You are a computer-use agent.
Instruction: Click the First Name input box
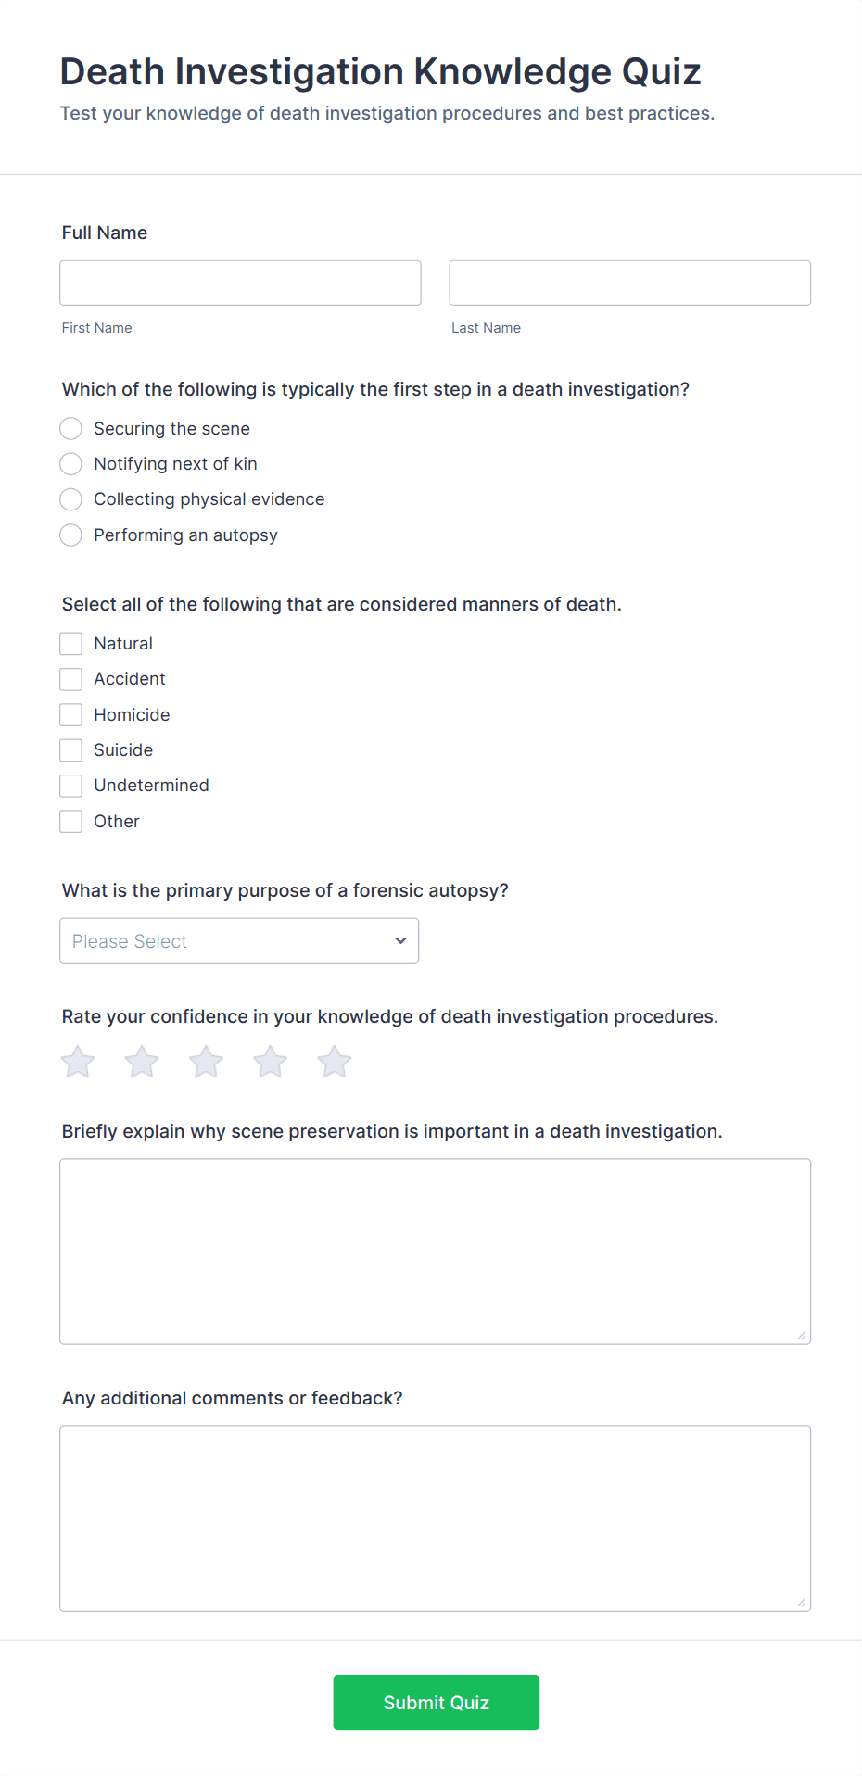pos(240,283)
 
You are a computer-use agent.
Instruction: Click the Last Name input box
pos(629,283)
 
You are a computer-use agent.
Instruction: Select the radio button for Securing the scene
pos(71,428)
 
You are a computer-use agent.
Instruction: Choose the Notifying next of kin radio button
pos(71,463)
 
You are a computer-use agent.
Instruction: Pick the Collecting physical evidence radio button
pos(71,499)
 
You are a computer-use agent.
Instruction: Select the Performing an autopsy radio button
pos(71,535)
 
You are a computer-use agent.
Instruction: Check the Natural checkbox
pos(71,644)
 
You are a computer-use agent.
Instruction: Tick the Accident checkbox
pos(71,679)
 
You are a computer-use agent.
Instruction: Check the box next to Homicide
pos(71,714)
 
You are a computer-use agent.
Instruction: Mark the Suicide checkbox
pos(71,749)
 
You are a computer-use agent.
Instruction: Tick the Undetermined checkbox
pos(71,786)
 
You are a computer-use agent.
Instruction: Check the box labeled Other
pos(71,821)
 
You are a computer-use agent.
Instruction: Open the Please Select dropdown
pos(239,940)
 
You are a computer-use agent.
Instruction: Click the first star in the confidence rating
pos(78,1062)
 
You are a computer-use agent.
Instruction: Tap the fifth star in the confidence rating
pos(335,1062)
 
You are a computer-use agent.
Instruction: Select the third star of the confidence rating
pos(206,1062)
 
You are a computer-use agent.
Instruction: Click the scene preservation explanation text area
pos(435,1251)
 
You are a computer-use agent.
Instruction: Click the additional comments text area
pos(435,1518)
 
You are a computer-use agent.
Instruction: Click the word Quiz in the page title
pos(661,71)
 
